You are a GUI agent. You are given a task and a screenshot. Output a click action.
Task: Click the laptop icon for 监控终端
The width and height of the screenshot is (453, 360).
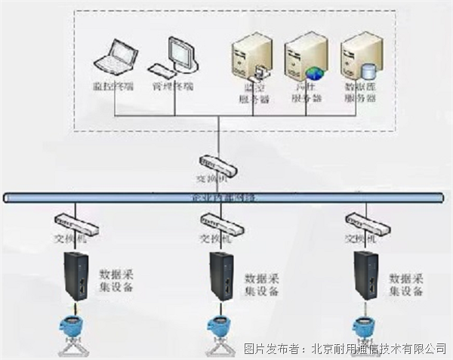[x=112, y=57]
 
